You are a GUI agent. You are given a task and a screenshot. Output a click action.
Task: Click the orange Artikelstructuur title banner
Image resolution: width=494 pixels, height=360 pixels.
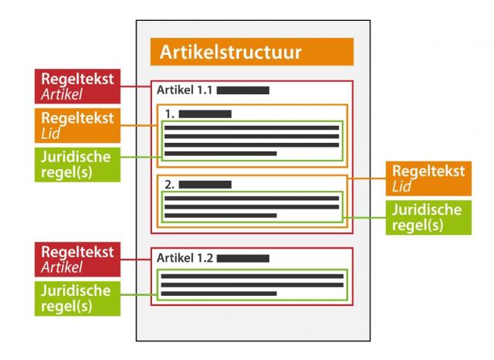252,52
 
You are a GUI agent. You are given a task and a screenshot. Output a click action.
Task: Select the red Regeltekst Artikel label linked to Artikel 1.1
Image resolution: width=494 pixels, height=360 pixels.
77,87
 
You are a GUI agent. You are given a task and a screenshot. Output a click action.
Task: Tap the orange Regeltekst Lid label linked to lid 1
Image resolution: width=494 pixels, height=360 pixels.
77,125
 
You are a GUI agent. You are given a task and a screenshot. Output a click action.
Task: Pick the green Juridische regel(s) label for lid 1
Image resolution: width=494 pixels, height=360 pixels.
77,165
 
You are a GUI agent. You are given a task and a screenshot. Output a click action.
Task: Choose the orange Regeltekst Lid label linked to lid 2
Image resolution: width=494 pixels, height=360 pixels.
428,178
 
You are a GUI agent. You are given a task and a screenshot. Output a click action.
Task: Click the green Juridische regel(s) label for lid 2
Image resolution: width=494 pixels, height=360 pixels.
428,217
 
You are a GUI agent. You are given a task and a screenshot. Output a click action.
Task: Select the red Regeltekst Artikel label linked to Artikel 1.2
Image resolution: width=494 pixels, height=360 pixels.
77,260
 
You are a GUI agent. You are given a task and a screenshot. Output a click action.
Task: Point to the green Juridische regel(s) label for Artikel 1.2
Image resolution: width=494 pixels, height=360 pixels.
77,298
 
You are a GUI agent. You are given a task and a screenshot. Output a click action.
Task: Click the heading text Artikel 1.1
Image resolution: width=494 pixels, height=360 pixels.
184,90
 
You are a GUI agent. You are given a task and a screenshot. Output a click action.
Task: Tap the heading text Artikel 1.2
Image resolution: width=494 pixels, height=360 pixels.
184,257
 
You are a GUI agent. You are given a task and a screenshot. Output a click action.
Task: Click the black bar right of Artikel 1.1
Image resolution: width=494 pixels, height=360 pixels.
242,90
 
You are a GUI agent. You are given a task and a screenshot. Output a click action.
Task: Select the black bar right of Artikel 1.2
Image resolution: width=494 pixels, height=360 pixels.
242,258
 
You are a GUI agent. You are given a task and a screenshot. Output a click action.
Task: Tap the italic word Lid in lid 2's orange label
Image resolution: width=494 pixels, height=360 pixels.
401,187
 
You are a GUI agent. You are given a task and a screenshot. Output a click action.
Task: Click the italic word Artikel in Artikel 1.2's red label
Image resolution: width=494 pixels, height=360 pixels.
62,267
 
